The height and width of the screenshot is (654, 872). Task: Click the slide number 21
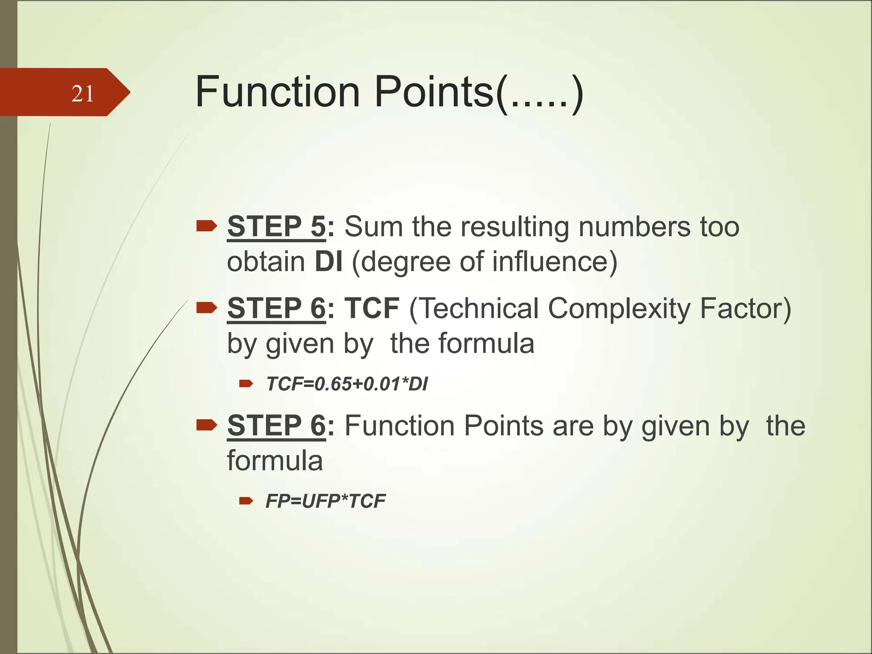point(83,94)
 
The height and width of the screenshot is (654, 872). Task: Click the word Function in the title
point(278,92)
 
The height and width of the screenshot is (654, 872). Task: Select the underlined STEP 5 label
point(276,227)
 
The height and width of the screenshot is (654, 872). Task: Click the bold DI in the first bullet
point(328,261)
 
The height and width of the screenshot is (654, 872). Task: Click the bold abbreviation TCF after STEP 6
point(372,308)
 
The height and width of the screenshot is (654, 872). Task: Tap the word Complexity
point(619,308)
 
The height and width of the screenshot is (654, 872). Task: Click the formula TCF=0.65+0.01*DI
point(347,384)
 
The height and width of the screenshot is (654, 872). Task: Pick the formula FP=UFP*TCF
point(325,501)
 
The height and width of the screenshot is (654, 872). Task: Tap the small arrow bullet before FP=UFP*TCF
point(246,501)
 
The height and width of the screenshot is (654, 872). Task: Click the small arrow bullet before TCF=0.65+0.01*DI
point(246,384)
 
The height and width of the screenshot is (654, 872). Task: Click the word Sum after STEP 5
point(373,227)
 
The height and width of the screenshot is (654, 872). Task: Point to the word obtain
point(266,261)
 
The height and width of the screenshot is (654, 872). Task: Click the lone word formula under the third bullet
point(275,461)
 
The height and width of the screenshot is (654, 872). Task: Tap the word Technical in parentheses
point(474,308)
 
